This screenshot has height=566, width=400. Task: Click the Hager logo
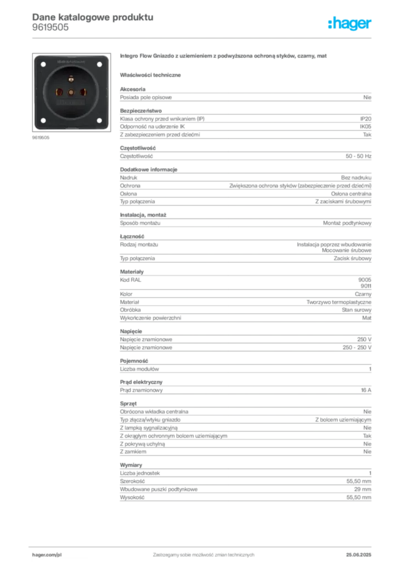[350, 23]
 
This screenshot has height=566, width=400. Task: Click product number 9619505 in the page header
[50, 28]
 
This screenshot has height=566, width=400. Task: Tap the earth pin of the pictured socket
[71, 79]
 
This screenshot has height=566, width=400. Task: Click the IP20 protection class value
[365, 119]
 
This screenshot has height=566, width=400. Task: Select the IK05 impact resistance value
[365, 127]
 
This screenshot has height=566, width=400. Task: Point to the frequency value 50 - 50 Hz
[358, 156]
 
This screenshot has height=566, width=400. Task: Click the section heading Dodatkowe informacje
[149, 170]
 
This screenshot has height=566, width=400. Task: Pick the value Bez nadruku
[356, 177]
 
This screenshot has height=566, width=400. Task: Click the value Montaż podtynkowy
[347, 223]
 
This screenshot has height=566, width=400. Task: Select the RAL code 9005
[365, 280]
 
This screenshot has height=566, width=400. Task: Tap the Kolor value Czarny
[363, 294]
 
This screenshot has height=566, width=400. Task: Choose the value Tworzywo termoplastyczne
[339, 302]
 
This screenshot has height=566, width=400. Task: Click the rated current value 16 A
[366, 390]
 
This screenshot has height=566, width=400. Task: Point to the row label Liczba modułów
[139, 369]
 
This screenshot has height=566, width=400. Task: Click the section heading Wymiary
[131, 465]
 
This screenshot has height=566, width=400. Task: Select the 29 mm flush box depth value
[362, 490]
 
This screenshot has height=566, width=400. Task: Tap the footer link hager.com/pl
[47, 555]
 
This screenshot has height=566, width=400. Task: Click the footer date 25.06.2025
[359, 555]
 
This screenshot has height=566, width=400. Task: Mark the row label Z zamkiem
[133, 452]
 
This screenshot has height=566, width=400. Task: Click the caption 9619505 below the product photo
[41, 138]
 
